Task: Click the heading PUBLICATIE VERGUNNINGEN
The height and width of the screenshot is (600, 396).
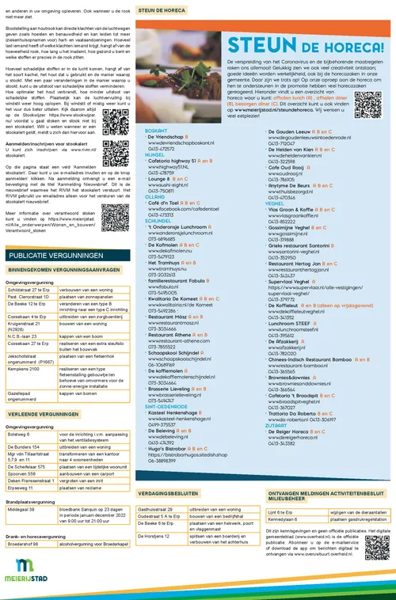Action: pyautogui.click(x=50, y=256)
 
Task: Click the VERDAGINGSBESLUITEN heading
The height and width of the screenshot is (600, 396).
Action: pyautogui.click(x=173, y=493)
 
